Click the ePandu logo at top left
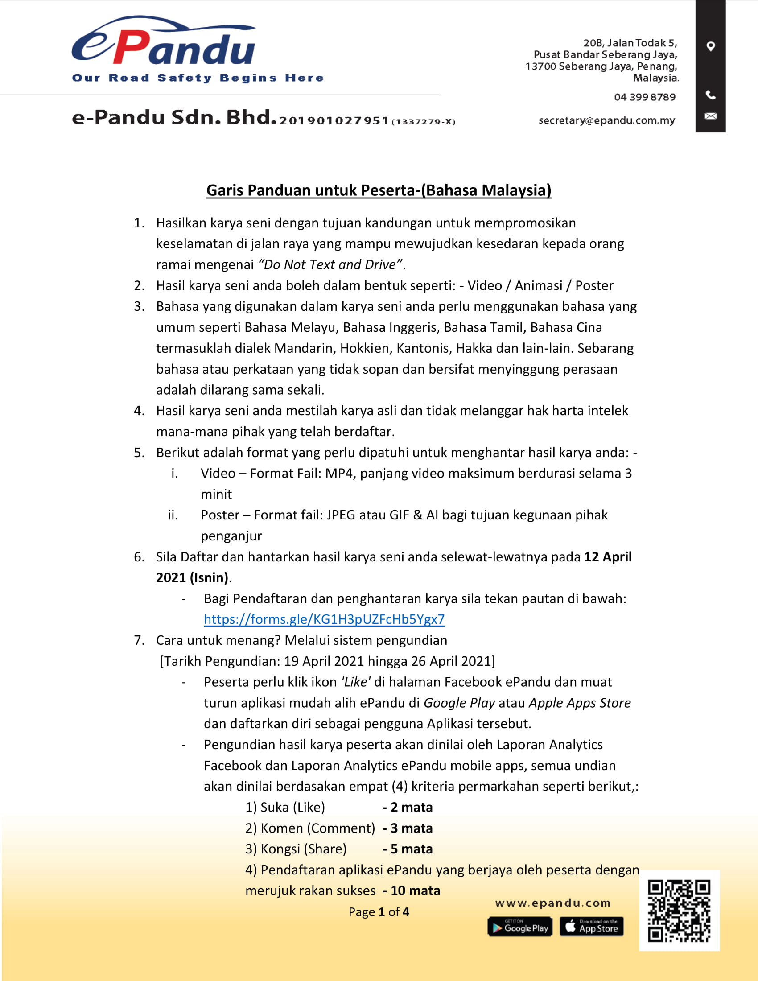point(164,43)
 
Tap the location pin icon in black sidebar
point(710,46)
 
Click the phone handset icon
point(710,95)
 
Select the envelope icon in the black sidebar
point(710,116)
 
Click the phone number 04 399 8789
point(644,97)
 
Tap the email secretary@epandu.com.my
point(606,120)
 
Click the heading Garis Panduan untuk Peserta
point(379,190)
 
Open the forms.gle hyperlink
point(324,619)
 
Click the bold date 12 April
point(608,556)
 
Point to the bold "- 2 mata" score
point(407,807)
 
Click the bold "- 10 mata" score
point(411,891)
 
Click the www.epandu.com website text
point(552,903)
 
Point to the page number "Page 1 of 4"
point(379,912)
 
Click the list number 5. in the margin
point(139,452)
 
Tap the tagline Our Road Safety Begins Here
point(198,78)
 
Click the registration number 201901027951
point(334,120)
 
